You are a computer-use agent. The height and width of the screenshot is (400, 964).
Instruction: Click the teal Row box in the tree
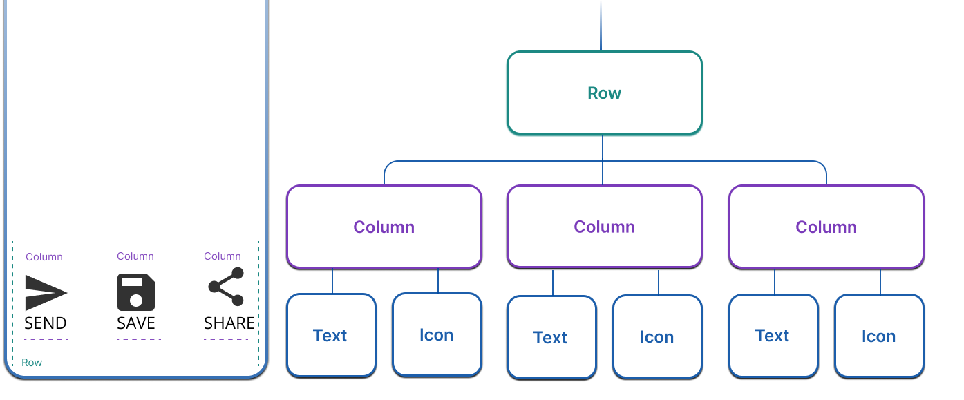[x=604, y=93]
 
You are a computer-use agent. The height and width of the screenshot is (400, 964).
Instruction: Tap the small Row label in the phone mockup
[x=32, y=363]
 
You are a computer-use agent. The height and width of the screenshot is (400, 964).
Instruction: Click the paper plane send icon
[x=46, y=292]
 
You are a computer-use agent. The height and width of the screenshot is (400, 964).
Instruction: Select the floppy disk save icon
[x=136, y=292]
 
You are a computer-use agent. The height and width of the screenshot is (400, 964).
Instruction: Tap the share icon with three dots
[x=227, y=287]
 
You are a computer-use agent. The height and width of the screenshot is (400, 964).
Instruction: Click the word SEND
[x=46, y=323]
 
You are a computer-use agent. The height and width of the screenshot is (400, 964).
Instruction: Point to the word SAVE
[x=136, y=323]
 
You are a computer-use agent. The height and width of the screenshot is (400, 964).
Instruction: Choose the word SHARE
[x=229, y=323]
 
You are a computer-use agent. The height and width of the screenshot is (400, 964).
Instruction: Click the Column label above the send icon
[x=44, y=257]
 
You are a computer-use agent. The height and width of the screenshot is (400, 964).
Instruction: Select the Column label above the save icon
[x=135, y=256]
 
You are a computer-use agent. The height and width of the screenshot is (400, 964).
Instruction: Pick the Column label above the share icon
[x=223, y=256]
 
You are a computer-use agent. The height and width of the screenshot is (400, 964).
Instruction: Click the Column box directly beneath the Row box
[x=604, y=227]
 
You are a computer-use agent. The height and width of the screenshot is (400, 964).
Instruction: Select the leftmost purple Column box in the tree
[x=384, y=227]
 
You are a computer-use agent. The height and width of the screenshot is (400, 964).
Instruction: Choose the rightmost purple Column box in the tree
[x=826, y=227]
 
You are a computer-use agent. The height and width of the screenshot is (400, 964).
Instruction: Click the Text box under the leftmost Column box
[x=331, y=336]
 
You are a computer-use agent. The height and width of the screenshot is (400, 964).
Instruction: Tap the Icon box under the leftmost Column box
[x=437, y=335]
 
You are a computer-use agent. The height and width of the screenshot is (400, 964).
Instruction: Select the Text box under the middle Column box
[x=551, y=338]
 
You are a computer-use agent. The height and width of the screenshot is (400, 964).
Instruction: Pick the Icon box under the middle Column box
[x=657, y=337]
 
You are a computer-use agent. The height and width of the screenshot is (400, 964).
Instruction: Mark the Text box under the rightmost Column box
[x=773, y=336]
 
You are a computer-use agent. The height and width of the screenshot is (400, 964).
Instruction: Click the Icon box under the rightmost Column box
[x=879, y=336]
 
